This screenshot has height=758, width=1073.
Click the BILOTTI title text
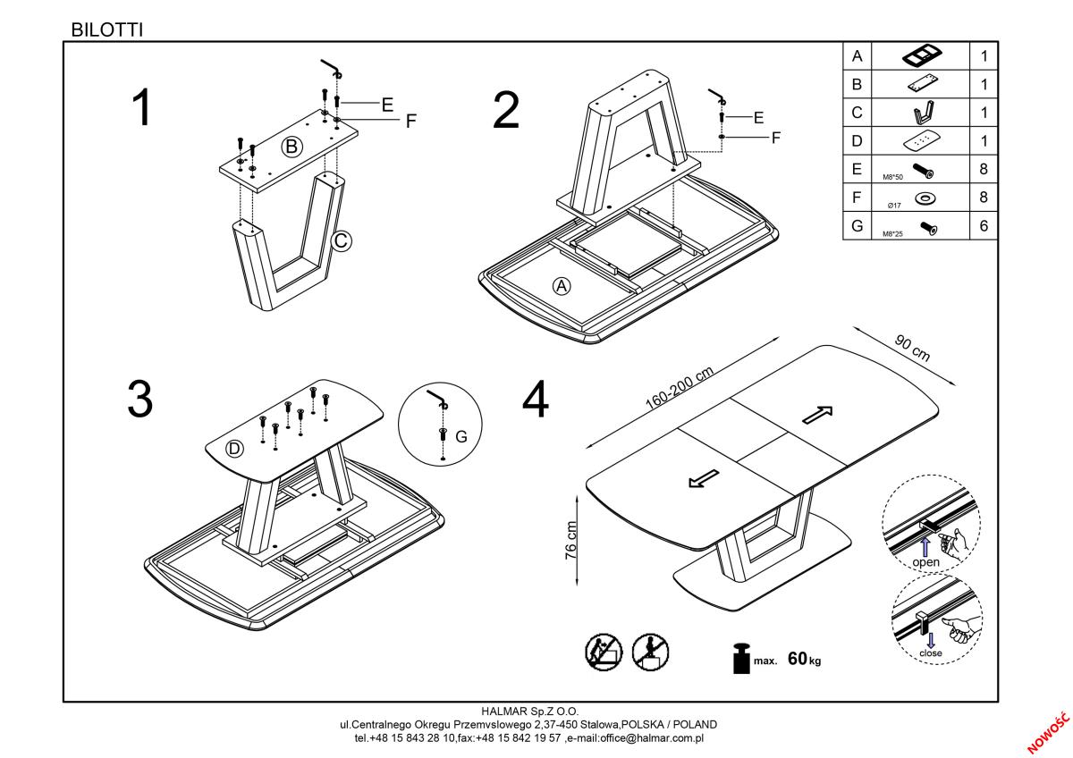[106, 29]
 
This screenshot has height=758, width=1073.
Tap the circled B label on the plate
[292, 147]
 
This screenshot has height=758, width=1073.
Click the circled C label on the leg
[341, 240]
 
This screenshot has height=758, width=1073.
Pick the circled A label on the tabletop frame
[562, 286]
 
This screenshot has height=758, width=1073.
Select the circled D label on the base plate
[234, 449]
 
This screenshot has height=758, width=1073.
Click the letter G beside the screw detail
[461, 436]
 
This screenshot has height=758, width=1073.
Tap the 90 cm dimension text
[912, 349]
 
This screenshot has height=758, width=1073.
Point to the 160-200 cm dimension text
[679, 387]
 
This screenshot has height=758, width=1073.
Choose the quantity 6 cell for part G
[984, 226]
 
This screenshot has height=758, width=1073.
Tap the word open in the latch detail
[926, 562]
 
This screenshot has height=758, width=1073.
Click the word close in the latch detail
[931, 653]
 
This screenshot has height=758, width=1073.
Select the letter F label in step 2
[776, 138]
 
